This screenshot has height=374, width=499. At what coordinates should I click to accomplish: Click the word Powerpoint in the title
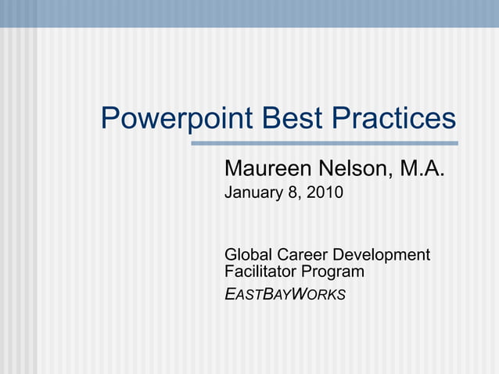[x=176, y=120]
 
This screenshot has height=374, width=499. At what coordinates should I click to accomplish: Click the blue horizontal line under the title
[x=325, y=143]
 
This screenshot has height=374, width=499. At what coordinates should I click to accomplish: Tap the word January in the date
[x=253, y=192]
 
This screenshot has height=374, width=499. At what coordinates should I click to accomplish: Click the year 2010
[x=325, y=192]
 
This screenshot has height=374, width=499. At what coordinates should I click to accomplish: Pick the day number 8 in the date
[x=293, y=192]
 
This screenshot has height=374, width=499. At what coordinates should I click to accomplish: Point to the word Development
[x=382, y=256]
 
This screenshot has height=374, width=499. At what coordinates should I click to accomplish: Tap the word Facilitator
[x=262, y=272]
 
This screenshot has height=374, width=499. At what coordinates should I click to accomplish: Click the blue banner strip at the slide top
[x=249, y=13]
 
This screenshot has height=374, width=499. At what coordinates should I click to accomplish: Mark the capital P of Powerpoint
[x=110, y=120]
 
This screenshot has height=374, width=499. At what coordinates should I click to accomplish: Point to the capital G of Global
[x=231, y=255]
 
